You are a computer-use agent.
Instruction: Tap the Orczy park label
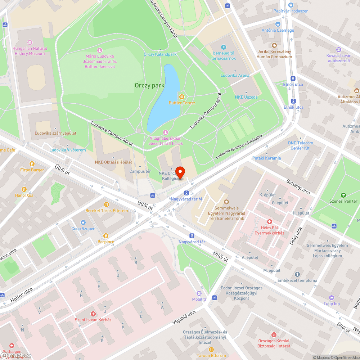point(149,85)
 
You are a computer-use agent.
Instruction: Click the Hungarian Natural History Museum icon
point(30,42)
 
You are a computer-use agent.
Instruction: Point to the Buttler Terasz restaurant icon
point(182,96)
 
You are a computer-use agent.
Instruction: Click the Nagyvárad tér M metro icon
point(186,193)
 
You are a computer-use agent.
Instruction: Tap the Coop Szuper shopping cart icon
point(83,222)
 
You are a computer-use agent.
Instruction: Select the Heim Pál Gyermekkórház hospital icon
point(269,221)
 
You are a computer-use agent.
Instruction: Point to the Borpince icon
point(105,235)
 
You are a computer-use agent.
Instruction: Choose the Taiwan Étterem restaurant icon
point(211,349)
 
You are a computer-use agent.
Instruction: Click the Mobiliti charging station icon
point(199,293)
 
